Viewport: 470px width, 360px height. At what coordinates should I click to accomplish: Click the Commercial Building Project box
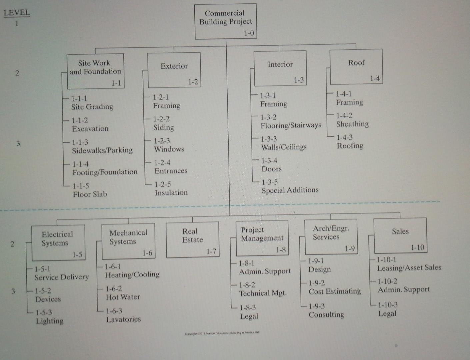pyautogui.click(x=226, y=21)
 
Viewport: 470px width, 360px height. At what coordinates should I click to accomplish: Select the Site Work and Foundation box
pyautogui.click(x=95, y=71)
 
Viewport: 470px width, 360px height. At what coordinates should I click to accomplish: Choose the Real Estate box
pyautogui.click(x=192, y=239)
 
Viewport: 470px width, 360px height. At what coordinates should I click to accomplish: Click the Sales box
pyautogui.click(x=400, y=235)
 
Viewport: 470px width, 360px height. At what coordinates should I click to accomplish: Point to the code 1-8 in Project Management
pyautogui.click(x=281, y=250)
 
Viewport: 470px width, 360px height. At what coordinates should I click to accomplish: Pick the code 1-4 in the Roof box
pyautogui.click(x=375, y=79)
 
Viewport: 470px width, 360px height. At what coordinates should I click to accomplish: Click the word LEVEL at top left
pyautogui.click(x=17, y=13)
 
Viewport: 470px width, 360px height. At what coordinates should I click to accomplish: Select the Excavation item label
pyautogui.click(x=90, y=129)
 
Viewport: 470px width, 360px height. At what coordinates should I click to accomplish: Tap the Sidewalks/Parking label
pyautogui.click(x=102, y=150)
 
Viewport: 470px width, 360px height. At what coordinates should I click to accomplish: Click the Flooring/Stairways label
pyautogui.click(x=291, y=126)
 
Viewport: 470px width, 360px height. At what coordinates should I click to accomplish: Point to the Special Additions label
pyautogui.click(x=290, y=190)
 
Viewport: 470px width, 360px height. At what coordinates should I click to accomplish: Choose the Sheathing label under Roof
pyautogui.click(x=352, y=124)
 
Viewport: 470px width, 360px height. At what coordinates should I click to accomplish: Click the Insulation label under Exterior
pyautogui.click(x=171, y=193)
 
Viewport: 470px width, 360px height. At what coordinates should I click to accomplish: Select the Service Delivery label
pyautogui.click(x=62, y=277)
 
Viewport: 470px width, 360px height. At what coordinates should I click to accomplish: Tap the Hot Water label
pyautogui.click(x=123, y=297)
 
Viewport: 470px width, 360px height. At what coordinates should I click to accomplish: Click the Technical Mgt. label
pyautogui.click(x=263, y=293)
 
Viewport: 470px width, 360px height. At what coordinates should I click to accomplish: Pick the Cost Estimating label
pyautogui.click(x=335, y=291)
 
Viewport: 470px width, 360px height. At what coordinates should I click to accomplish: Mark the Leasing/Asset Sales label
pyautogui.click(x=409, y=268)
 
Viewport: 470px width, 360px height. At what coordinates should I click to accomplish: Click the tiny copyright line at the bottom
pyautogui.click(x=222, y=333)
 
